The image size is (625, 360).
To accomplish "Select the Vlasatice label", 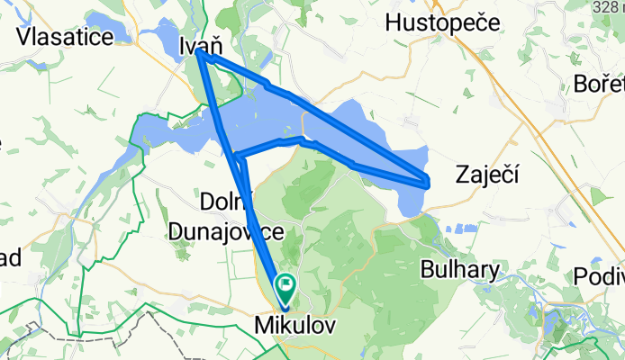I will coord(64,37).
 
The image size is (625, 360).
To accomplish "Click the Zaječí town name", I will coord(487,172).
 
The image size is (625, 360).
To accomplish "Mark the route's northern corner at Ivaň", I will coord(199,54).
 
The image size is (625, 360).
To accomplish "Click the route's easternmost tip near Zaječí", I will coord(427,181).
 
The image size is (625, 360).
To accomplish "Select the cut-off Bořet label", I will coord(599,85).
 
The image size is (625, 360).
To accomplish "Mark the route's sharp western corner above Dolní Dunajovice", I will coord(235,158).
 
